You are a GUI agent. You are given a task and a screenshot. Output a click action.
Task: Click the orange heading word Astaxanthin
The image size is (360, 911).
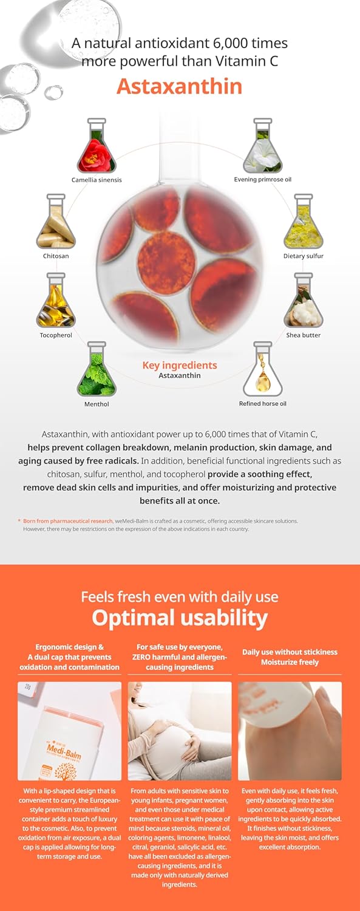(179, 86)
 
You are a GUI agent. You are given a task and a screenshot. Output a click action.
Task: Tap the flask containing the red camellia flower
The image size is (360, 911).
(97, 146)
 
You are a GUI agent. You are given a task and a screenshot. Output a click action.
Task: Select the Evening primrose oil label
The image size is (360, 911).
(262, 179)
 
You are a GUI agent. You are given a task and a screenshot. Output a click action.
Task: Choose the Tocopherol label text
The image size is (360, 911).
(56, 335)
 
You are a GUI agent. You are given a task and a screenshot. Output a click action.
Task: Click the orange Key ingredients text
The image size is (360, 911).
(180, 365)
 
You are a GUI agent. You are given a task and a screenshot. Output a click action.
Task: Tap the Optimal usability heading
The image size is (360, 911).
(180, 618)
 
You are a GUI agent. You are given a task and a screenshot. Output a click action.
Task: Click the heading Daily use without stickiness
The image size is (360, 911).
(290, 652)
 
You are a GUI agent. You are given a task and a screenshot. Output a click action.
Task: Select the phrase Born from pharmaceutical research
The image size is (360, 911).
(67, 521)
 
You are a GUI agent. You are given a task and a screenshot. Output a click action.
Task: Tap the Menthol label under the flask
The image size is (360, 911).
(97, 404)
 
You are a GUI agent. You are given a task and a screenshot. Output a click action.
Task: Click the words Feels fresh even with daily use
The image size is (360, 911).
(180, 596)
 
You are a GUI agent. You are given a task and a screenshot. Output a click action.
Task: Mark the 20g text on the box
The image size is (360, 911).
(28, 686)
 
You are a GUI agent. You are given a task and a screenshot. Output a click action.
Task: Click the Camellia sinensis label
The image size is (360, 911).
(97, 180)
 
